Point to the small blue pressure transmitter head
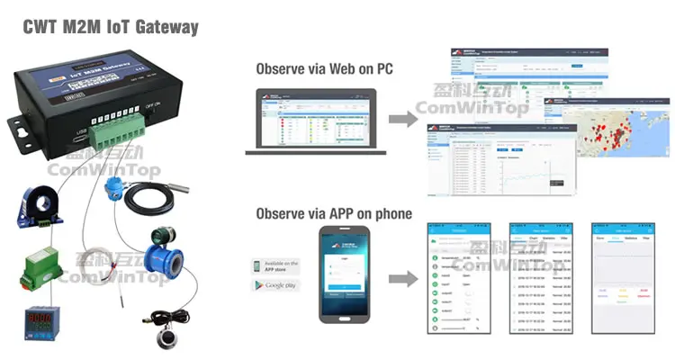pyautogui.click(x=113, y=186)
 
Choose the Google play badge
pyautogui.click(x=275, y=286)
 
